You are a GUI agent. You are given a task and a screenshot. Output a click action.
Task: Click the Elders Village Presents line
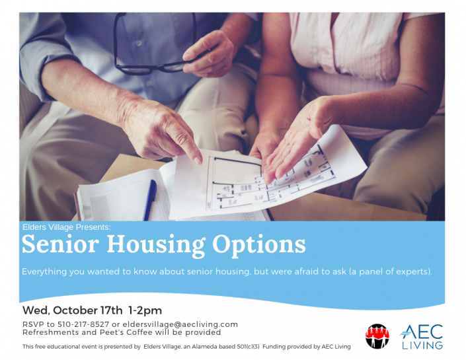coord(71,227)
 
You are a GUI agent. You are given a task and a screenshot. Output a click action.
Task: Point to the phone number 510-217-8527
coord(85,324)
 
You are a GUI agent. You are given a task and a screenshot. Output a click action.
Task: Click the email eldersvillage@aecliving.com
coord(180,324)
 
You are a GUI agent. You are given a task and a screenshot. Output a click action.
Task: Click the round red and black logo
coord(377,336)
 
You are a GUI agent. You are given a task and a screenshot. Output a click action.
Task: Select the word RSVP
coord(34,324)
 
